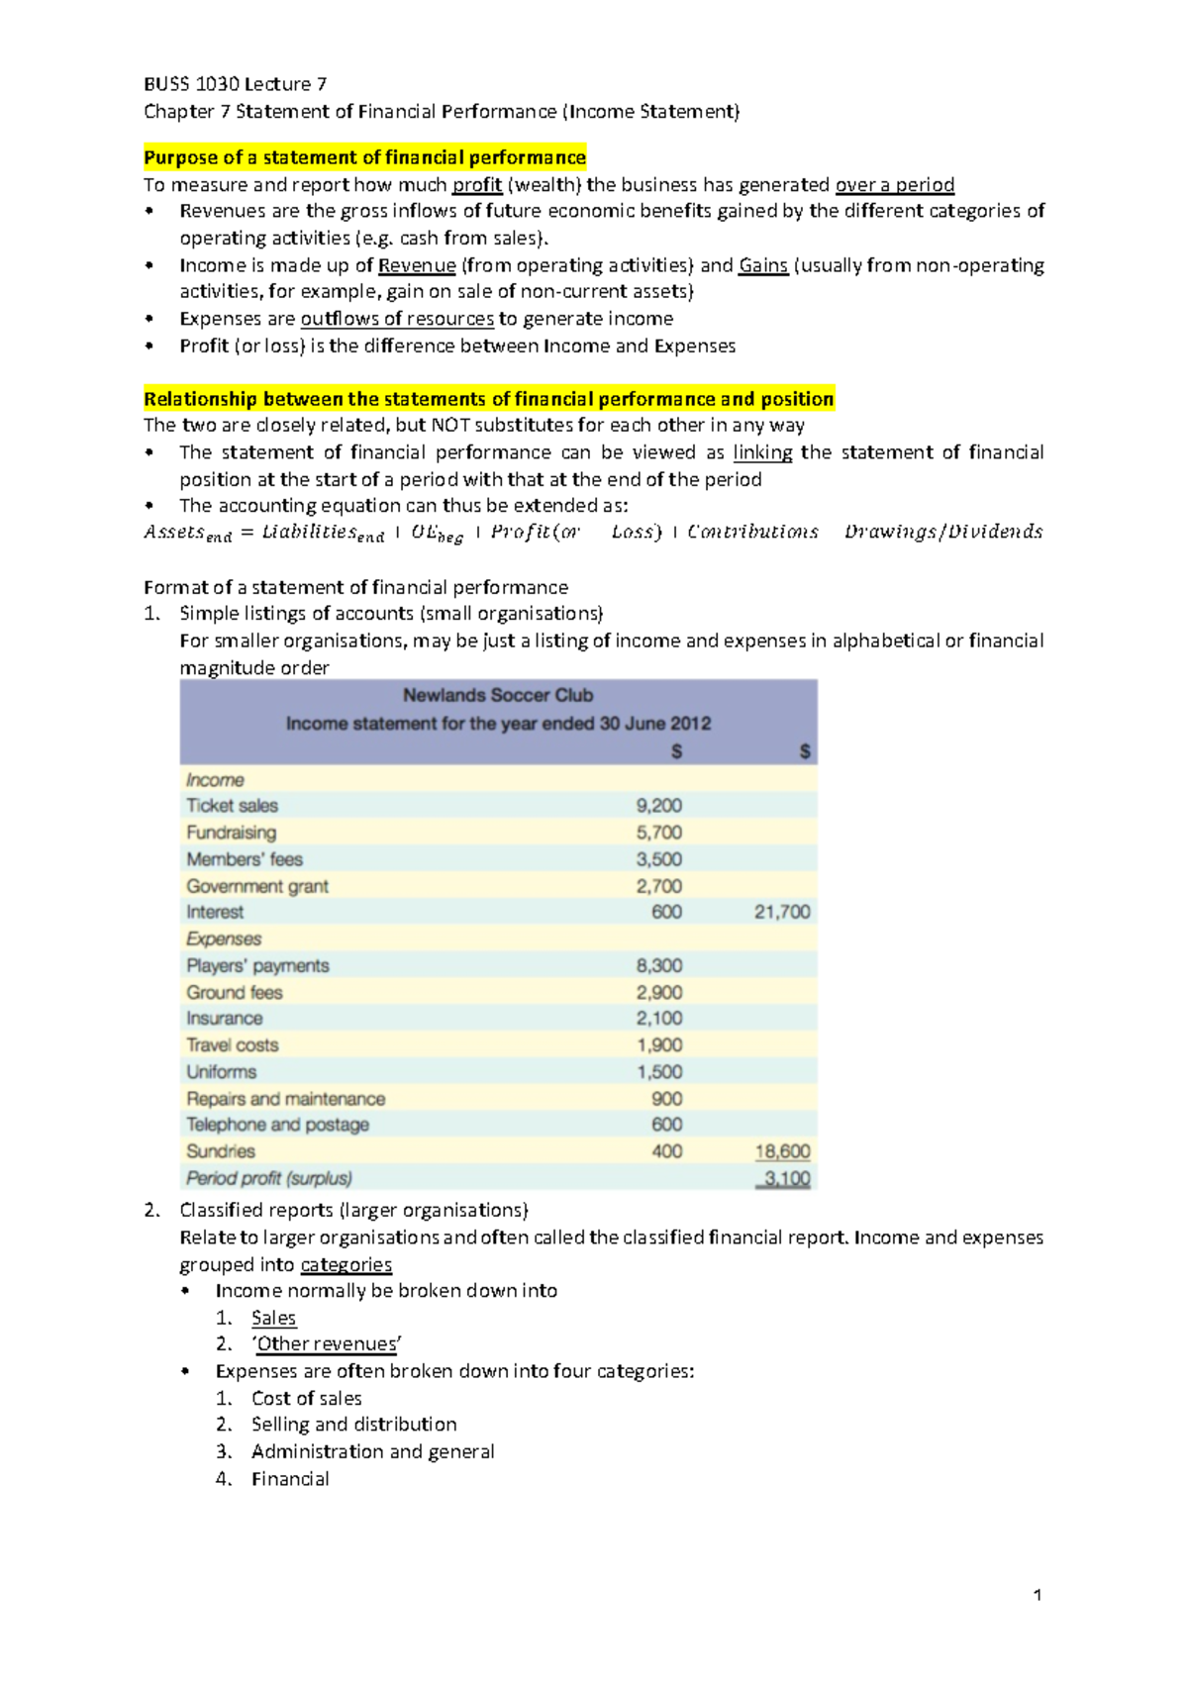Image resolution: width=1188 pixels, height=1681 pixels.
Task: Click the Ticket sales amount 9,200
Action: (658, 806)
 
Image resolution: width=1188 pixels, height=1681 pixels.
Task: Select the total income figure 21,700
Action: (782, 912)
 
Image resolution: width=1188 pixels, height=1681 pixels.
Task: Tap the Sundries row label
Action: (221, 1151)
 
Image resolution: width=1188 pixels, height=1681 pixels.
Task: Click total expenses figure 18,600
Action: (782, 1151)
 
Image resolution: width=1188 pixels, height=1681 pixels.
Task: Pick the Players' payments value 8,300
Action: (658, 965)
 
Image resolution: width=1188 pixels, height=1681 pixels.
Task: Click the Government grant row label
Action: (257, 886)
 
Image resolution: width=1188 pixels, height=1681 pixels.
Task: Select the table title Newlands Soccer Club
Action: (498, 695)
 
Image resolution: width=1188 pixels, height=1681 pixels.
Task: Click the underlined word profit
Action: (476, 185)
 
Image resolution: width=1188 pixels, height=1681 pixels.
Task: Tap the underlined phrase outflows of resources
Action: (397, 319)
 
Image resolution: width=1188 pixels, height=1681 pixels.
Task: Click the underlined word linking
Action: (762, 452)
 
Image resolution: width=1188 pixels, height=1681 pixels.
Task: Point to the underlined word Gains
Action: (763, 265)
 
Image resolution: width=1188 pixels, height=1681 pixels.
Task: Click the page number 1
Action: (1037, 1595)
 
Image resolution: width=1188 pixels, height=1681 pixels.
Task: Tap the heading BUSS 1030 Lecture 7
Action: (236, 84)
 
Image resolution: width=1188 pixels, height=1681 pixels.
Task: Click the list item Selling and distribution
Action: (353, 1425)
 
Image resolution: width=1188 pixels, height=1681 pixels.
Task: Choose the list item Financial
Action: (290, 1479)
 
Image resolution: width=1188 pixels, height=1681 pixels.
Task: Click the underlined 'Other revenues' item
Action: (327, 1344)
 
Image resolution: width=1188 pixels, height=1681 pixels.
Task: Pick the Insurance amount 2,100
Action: (658, 1019)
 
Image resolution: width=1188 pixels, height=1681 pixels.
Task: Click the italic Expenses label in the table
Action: (224, 939)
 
